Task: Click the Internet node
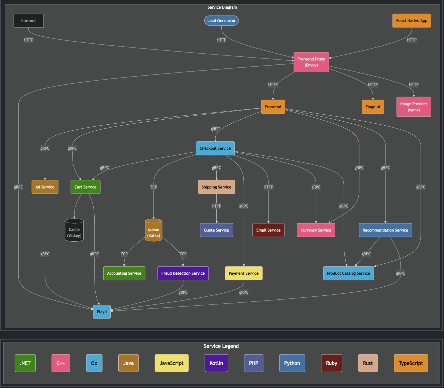click(29, 21)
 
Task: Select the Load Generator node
click(221, 21)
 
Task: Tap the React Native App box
click(412, 21)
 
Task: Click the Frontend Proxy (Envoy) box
click(311, 62)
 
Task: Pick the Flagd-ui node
click(373, 107)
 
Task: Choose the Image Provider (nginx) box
click(414, 107)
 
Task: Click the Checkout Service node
click(215, 148)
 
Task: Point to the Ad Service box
click(45, 187)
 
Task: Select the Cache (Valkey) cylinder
click(74, 230)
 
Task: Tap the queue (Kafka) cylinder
click(153, 230)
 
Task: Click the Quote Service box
click(216, 230)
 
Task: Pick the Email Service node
click(268, 230)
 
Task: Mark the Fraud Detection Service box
click(183, 273)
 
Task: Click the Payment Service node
click(243, 273)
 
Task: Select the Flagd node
click(102, 312)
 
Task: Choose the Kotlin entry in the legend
click(216, 363)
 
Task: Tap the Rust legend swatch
click(368, 363)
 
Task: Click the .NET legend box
click(25, 363)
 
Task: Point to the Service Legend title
click(221, 346)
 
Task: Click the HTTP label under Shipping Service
click(216, 206)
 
